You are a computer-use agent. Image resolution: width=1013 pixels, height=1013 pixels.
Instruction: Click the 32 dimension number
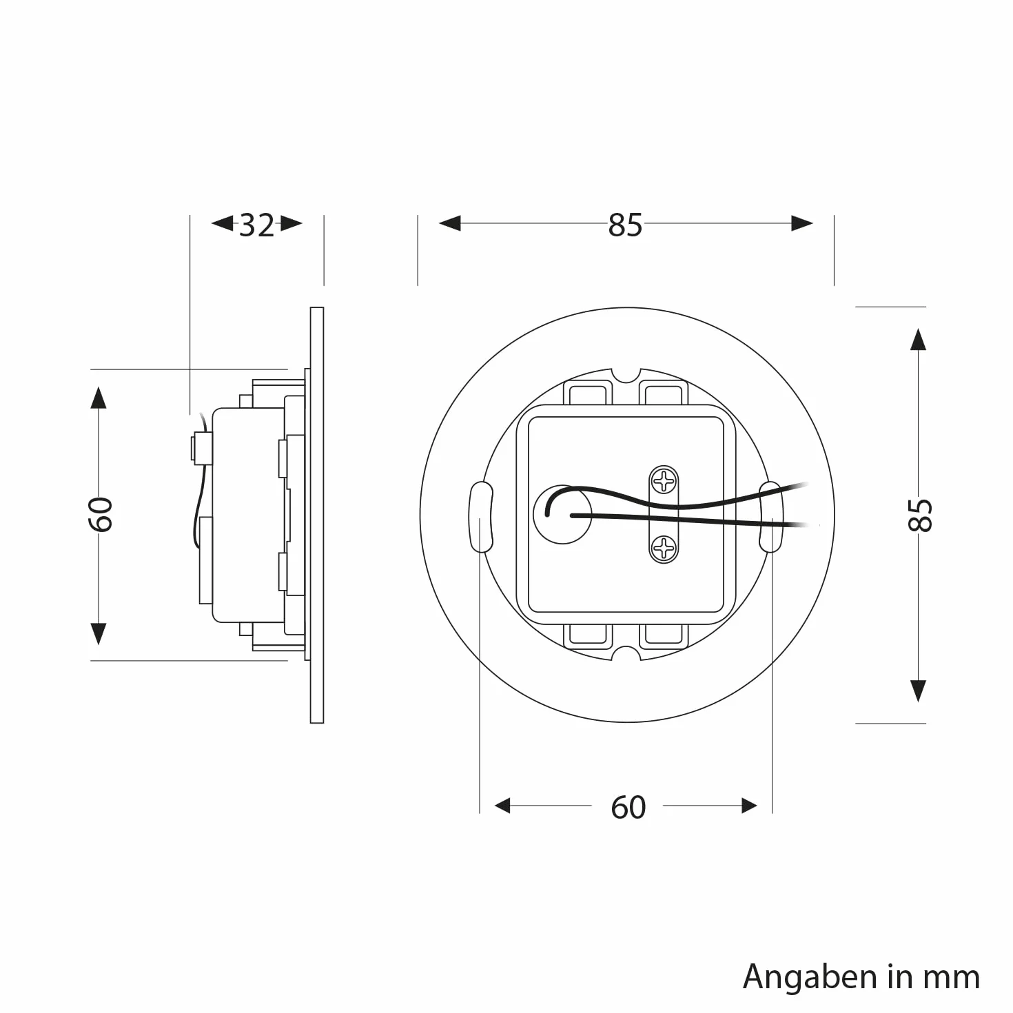pos(256,225)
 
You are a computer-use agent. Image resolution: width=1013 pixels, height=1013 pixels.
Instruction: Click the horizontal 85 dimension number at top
pos(625,225)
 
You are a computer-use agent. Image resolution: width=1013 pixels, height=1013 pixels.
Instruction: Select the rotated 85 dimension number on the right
pos(920,515)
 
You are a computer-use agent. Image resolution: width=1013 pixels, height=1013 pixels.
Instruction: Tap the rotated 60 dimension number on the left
pos(100,514)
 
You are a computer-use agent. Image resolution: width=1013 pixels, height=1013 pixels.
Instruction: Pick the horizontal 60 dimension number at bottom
pos(628,808)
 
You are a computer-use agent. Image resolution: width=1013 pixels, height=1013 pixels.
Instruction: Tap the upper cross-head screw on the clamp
pos(664,480)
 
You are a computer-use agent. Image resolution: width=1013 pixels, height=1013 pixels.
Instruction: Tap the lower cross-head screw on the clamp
pos(664,549)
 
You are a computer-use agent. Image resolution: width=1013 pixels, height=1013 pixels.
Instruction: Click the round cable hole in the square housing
pos(562,515)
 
